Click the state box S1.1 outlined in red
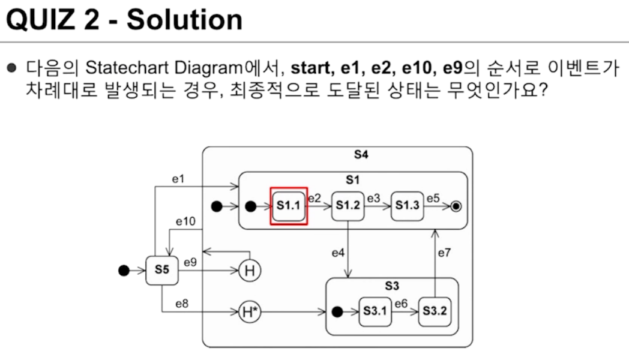289,206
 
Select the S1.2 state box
348,206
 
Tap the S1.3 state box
407,206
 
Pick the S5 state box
162,270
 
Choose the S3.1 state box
376,311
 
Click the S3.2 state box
434,311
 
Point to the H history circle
250,271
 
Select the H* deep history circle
250,312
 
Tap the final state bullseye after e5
456,206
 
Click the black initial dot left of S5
124,270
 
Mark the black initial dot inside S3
337,311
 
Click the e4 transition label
339,253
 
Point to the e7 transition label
444,253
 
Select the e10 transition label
185,222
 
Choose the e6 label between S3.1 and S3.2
401,304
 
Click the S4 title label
360,155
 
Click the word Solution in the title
184,20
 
